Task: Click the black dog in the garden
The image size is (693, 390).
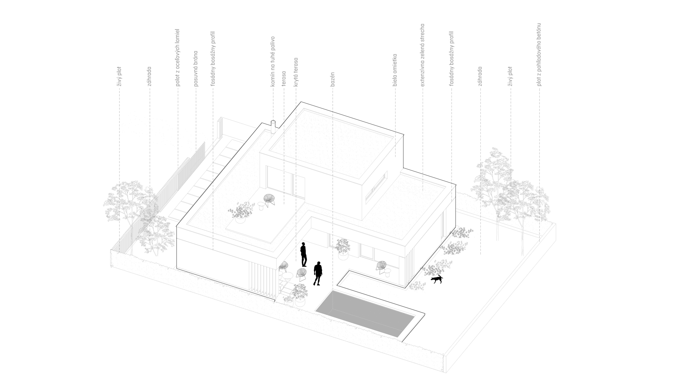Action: tap(437, 279)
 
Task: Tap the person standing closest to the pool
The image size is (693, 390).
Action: tap(318, 273)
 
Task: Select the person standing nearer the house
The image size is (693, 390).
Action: tap(304, 254)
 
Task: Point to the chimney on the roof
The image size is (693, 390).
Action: tap(273, 127)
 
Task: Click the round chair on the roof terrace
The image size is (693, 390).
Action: tap(269, 200)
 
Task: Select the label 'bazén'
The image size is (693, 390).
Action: tap(332, 80)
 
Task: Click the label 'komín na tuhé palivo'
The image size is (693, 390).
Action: tap(273, 61)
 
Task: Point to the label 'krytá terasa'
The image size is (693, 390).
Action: tap(296, 72)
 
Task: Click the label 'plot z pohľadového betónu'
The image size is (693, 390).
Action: tap(539, 55)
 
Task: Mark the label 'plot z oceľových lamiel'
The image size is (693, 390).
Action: tap(178, 57)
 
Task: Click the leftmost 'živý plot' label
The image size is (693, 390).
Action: tap(119, 77)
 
